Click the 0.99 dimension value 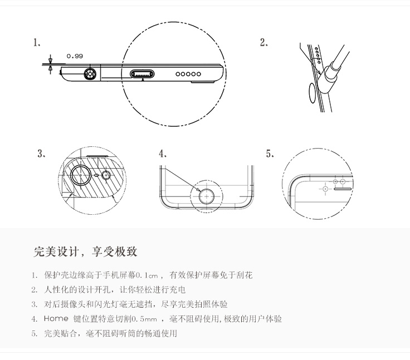[x=75, y=56]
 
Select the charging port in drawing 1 [x=144, y=73]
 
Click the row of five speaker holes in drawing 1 [x=188, y=73]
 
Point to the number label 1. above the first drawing [x=37, y=43]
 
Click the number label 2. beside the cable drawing [x=264, y=43]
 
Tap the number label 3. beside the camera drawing [x=41, y=154]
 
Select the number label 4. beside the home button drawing [x=163, y=154]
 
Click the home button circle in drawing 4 [x=208, y=195]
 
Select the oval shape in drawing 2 [x=314, y=94]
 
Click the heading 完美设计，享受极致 [x=85, y=251]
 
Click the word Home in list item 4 [x=56, y=319]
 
